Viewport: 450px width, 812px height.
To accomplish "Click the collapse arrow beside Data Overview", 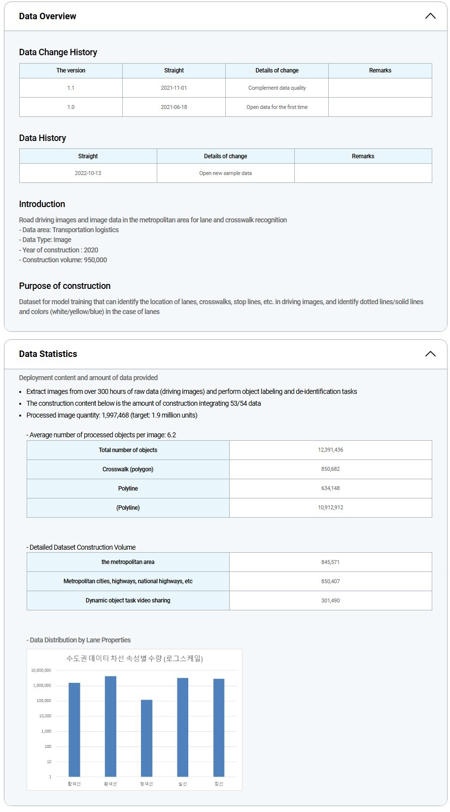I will [430, 16].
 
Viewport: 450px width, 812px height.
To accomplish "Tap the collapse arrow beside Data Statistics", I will [430, 353].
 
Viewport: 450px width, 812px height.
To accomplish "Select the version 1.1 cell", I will [71, 88].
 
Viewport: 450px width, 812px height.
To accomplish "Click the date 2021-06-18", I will [174, 107].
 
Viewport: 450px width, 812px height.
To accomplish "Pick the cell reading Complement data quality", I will [277, 88].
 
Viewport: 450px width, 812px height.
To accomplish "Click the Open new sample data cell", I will [225, 173].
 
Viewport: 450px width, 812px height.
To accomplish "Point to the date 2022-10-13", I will [88, 173].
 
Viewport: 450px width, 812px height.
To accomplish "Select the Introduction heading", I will [42, 204].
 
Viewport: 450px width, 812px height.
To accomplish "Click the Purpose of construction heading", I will [65, 286].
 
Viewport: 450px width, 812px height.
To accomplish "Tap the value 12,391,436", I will [330, 450].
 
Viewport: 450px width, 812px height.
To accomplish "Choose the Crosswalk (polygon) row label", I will [128, 469].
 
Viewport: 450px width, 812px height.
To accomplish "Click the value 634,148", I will [330, 488].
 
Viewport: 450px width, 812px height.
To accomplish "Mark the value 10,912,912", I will [330, 507].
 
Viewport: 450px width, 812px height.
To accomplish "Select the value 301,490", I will [330, 600].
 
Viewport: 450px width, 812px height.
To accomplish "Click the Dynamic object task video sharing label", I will [128, 600].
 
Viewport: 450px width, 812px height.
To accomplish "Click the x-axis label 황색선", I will [74, 784].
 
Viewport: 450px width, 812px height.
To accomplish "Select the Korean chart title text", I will [135, 659].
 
